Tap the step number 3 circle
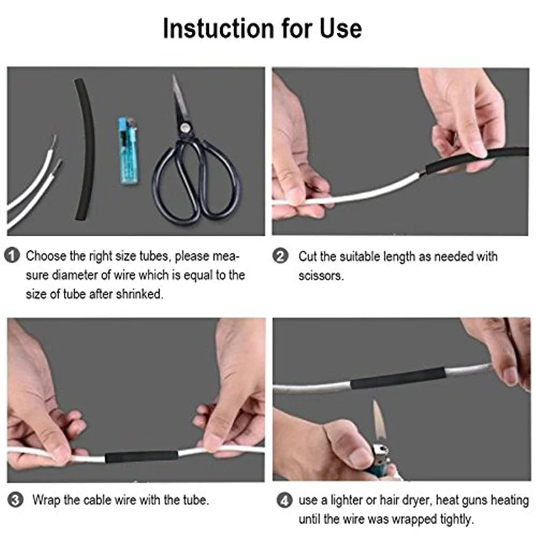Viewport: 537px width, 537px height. [17, 500]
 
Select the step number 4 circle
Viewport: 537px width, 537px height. [285, 501]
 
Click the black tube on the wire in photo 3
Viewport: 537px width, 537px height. [141, 458]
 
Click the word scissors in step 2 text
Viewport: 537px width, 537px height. [321, 276]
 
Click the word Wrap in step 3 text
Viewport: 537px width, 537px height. [45, 500]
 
